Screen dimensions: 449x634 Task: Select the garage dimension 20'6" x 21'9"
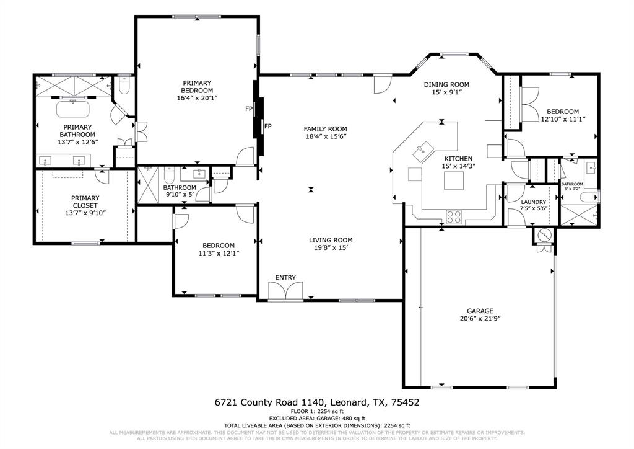pos(475,319)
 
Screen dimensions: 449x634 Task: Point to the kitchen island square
pos(454,180)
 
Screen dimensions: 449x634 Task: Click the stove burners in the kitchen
pos(454,216)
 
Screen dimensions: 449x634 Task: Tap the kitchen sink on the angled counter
pos(424,148)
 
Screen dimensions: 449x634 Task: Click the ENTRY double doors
pos(285,291)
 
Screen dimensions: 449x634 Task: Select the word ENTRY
pos(285,277)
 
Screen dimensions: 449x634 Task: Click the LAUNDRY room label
pos(533,202)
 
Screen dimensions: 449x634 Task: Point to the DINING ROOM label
pos(446,84)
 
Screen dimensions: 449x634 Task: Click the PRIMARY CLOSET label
pos(85,202)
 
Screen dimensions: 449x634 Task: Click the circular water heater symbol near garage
pos(544,235)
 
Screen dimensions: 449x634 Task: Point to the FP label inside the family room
pos(268,126)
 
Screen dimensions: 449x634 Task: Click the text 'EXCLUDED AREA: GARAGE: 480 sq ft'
pos(316,418)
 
